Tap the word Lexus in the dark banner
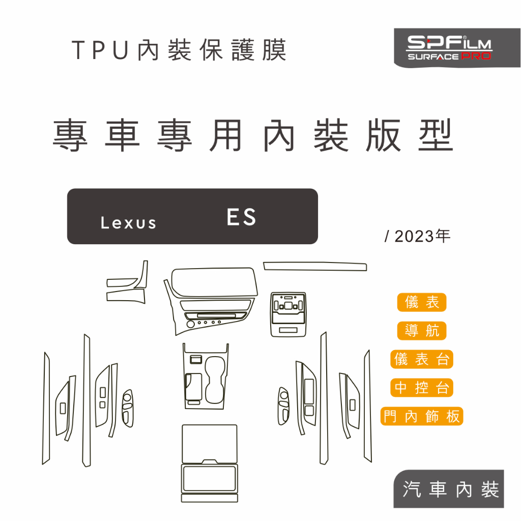(128, 223)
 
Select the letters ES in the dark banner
(241, 217)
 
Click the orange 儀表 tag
(422, 302)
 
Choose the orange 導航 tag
(422, 331)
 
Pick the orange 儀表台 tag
(422, 359)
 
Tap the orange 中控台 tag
(422, 387)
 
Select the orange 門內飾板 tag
(422, 416)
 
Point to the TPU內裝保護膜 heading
(179, 50)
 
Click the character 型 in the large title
(436, 135)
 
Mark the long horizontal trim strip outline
(315, 266)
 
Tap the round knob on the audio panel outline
(190, 324)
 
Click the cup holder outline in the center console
(215, 380)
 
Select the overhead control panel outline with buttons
(288, 314)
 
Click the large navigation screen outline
(214, 282)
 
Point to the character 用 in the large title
(225, 135)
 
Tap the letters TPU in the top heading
(100, 50)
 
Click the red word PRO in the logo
(476, 56)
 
